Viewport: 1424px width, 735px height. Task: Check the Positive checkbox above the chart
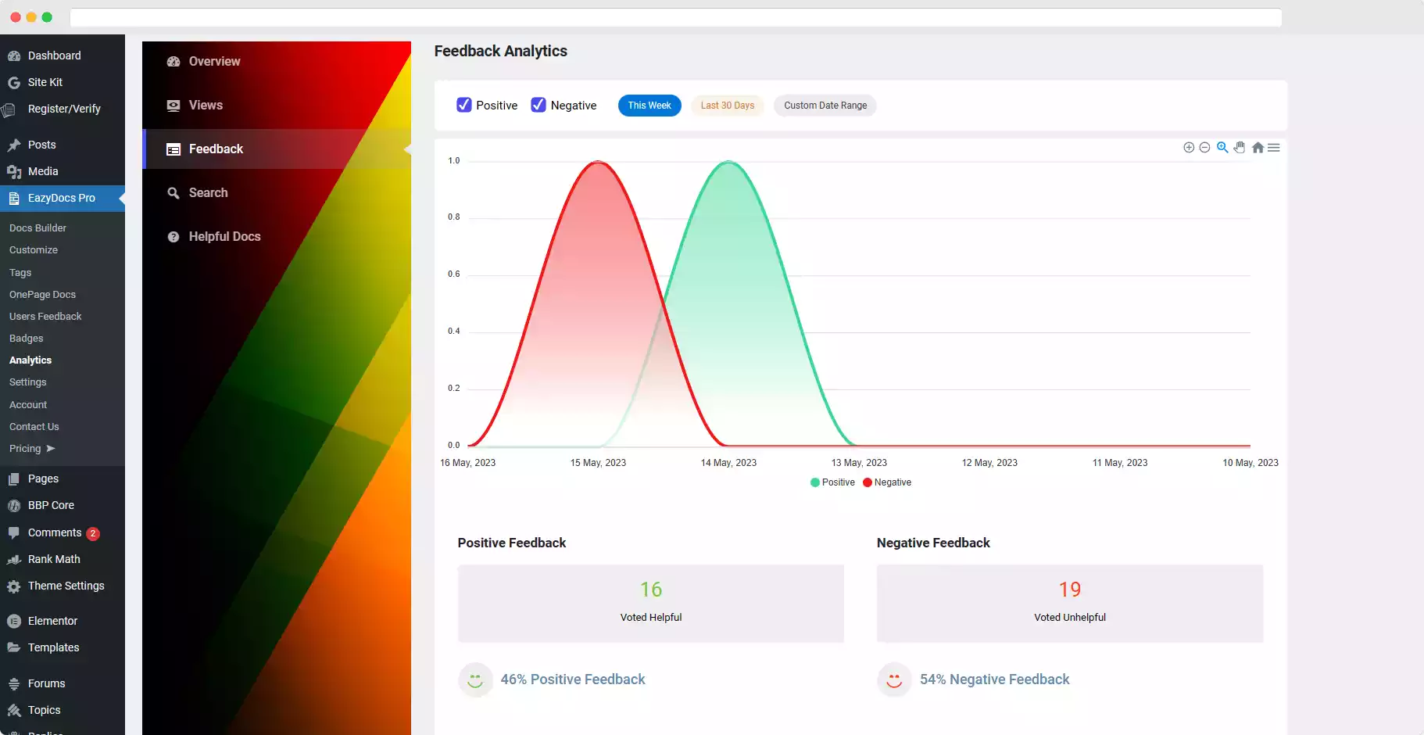coord(464,105)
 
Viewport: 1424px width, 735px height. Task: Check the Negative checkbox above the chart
coord(538,105)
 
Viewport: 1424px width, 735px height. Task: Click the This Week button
coord(649,106)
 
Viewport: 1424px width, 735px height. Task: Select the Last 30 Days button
coord(727,106)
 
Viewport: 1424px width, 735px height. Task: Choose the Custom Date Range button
coord(825,106)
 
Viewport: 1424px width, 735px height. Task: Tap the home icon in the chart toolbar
coord(1258,148)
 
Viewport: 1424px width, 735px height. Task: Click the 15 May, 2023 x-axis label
coord(598,463)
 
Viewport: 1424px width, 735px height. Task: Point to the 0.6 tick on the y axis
coord(454,274)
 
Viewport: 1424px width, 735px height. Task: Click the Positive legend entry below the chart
coord(833,482)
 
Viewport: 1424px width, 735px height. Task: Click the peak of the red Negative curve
coord(599,162)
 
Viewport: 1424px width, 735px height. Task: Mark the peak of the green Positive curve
coord(728,162)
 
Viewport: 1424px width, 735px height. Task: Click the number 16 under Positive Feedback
coord(651,590)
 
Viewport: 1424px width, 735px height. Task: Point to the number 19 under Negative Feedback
coord(1070,590)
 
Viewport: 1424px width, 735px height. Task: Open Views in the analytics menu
coord(206,106)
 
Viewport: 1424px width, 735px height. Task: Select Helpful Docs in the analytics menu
coord(224,237)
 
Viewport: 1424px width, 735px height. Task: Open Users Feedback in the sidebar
coord(45,317)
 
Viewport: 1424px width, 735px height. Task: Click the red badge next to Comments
coord(93,533)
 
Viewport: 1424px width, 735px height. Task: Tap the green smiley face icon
coord(475,680)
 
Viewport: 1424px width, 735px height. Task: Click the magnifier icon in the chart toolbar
coord(1222,148)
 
